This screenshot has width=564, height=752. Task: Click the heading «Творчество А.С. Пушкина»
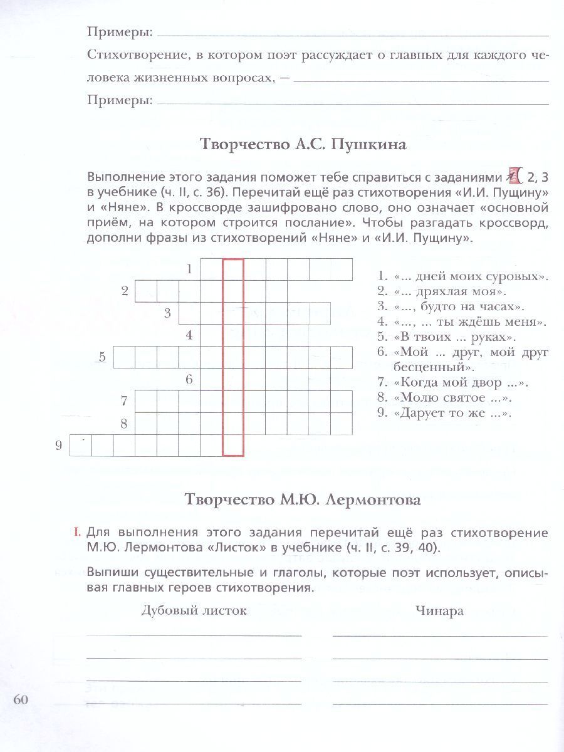(303, 145)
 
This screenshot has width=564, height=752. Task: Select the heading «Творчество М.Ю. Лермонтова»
(303, 500)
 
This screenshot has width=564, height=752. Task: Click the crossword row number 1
(189, 269)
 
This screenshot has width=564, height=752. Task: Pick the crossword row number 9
(58, 446)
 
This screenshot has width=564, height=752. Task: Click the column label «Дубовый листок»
(194, 611)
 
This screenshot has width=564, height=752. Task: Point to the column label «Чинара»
(439, 611)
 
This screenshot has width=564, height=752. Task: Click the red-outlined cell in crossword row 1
(232, 269)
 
